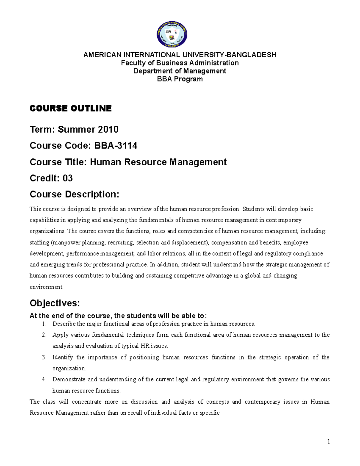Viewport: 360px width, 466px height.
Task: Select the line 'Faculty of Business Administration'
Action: coord(180,63)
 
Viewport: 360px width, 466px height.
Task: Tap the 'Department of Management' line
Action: coord(180,71)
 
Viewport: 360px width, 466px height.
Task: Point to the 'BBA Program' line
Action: coord(180,79)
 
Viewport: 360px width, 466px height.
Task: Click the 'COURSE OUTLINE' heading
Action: coord(70,109)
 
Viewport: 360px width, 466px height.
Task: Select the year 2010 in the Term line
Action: coord(107,130)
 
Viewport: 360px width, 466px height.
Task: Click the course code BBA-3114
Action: coord(116,146)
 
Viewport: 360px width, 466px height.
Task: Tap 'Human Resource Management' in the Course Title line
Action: coord(158,162)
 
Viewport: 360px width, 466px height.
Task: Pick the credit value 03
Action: coord(67,179)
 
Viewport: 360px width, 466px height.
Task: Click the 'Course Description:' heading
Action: coord(74,195)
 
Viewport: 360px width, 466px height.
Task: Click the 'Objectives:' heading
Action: coord(55,303)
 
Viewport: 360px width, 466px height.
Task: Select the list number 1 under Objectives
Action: coord(44,324)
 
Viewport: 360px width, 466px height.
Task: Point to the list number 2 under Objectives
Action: coord(44,335)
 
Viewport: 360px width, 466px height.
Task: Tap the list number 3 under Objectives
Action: coord(44,357)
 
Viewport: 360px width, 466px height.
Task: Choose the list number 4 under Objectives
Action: coord(44,380)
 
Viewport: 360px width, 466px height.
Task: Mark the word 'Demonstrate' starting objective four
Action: coord(68,380)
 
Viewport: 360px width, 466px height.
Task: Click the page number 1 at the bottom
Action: coord(328,441)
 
